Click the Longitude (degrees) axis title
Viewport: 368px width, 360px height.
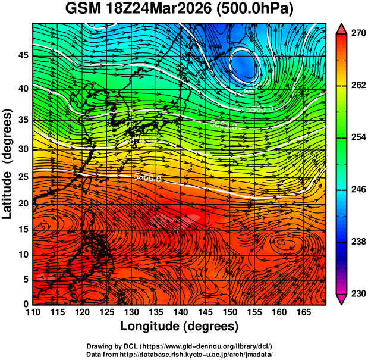click(180, 327)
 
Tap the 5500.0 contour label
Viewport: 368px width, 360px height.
click(259, 109)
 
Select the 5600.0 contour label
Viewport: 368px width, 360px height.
click(224, 126)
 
